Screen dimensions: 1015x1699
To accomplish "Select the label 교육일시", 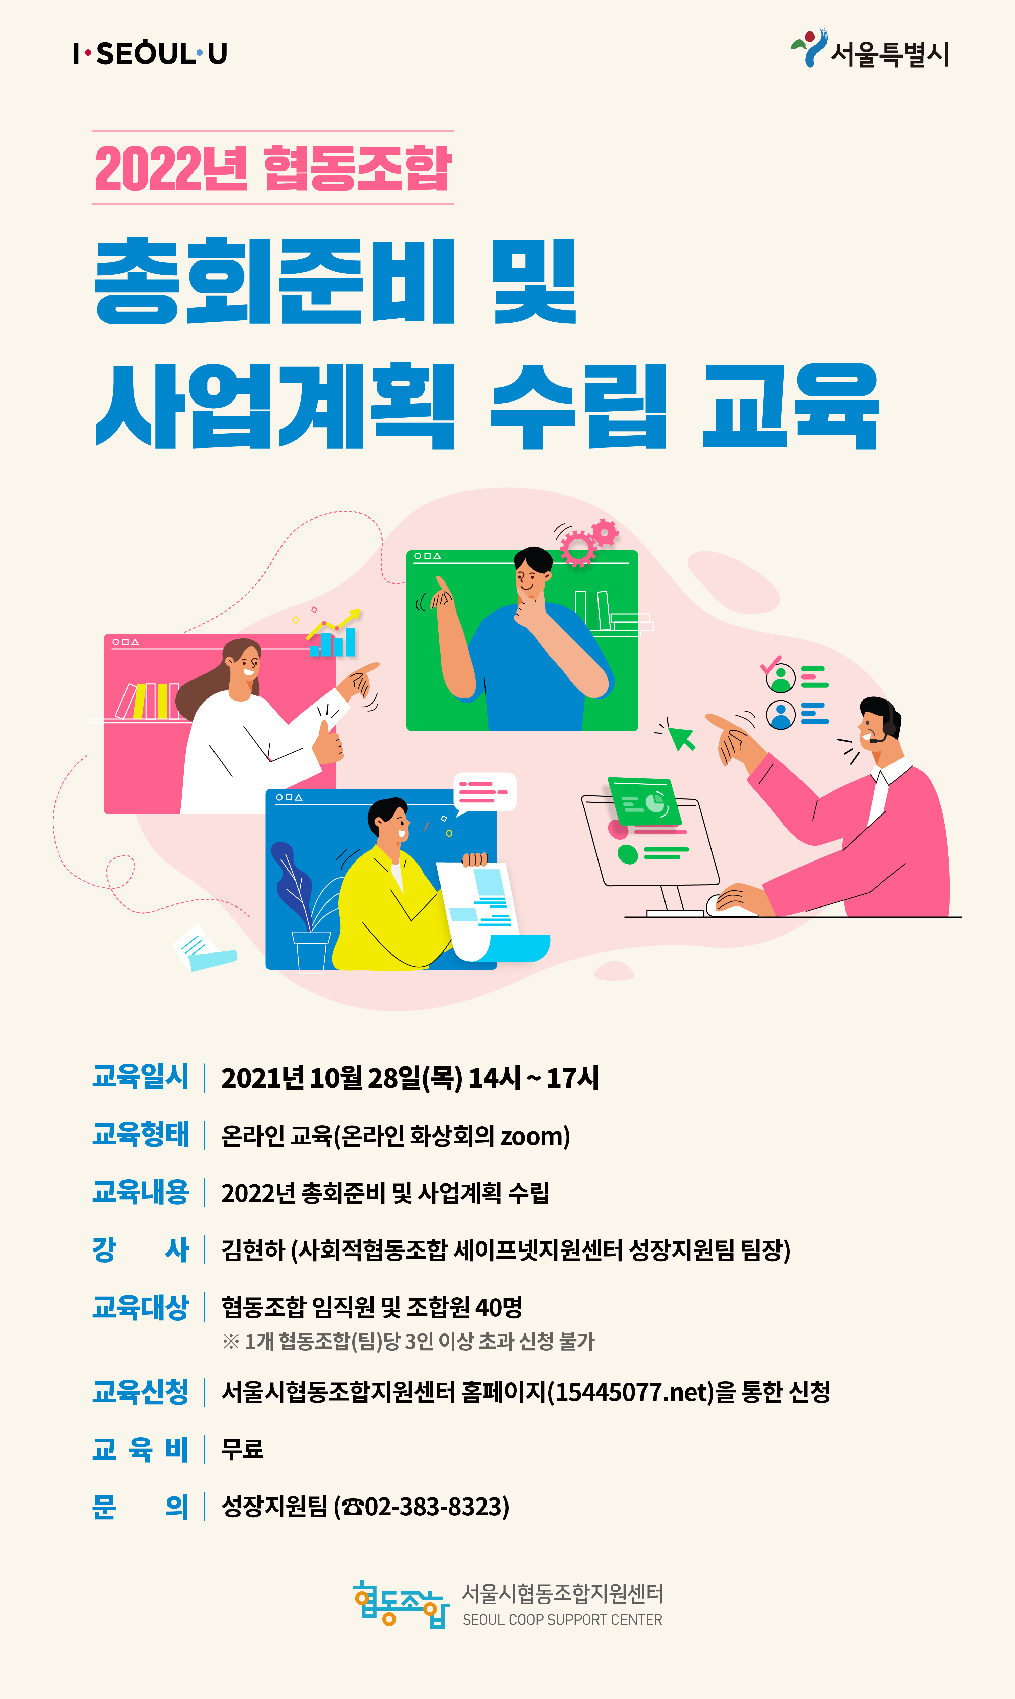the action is pyautogui.click(x=140, y=1076).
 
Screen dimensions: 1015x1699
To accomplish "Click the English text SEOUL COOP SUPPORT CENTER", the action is pyautogui.click(x=562, y=1620).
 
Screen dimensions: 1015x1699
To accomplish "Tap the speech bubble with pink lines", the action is pyautogui.click(x=485, y=793).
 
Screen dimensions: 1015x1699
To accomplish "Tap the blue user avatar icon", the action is pyautogui.click(x=781, y=714).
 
